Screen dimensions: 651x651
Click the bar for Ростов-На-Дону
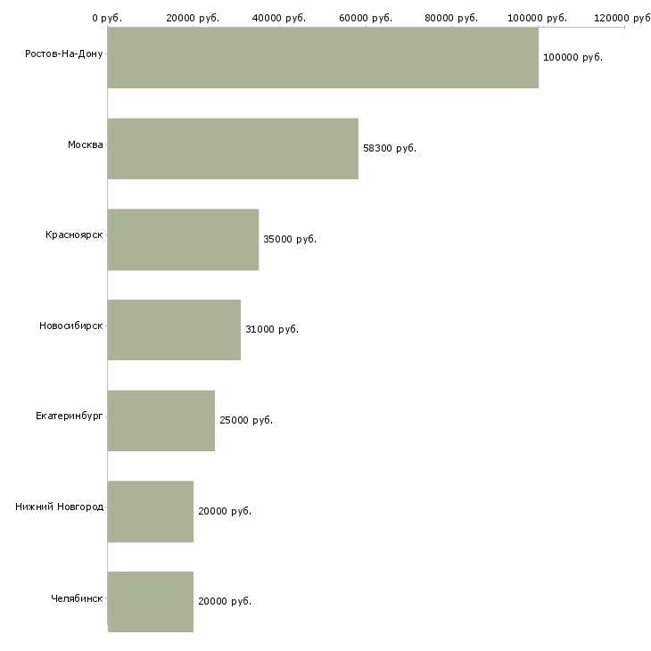point(323,58)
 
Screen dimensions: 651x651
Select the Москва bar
point(233,149)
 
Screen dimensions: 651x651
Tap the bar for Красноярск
point(183,240)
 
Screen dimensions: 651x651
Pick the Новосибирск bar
point(174,330)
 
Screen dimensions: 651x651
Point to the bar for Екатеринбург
point(161,421)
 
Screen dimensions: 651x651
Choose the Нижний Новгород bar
point(151,512)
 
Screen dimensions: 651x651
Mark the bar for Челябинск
point(151,602)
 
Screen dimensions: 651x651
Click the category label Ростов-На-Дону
point(64,54)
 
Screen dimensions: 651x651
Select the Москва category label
point(85,144)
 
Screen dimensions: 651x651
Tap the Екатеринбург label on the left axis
point(69,416)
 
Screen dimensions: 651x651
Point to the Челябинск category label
point(77,598)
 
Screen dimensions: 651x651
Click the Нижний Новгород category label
point(60,507)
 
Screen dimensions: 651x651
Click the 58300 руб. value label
point(390,148)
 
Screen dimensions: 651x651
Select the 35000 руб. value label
point(290,239)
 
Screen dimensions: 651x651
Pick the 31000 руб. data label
point(272,329)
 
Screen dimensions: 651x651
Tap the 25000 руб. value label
point(246,420)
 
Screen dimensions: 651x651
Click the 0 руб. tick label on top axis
point(107,18)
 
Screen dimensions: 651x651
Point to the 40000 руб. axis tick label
point(279,18)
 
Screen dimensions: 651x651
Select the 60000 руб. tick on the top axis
point(366,18)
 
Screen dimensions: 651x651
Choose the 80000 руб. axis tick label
point(451,18)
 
